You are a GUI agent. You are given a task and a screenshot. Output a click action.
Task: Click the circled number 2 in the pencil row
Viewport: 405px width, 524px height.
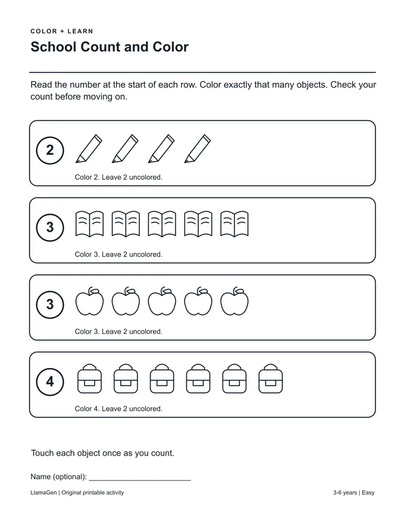50,151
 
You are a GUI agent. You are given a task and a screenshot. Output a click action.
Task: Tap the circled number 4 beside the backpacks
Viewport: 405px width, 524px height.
50,382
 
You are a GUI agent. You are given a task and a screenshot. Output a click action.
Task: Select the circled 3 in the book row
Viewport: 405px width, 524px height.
50,227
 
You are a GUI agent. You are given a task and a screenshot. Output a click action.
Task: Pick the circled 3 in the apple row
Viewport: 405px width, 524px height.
50,304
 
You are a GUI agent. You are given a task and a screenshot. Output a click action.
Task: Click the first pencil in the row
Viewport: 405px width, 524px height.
89,149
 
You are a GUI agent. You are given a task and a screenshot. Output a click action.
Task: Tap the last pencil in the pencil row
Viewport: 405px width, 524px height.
198,149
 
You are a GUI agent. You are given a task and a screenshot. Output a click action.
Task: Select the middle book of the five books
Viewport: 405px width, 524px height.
162,223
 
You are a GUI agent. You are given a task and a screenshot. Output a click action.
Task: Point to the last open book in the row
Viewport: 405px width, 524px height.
234,223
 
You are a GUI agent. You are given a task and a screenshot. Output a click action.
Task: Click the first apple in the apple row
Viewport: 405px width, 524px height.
89,301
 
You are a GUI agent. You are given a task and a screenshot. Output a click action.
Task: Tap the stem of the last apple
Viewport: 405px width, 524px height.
236,290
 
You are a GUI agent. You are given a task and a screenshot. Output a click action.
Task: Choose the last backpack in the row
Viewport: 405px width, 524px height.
270,379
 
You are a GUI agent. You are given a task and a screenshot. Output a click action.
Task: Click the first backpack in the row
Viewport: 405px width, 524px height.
89,379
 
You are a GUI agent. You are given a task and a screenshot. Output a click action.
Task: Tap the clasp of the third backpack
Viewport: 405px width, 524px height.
162,383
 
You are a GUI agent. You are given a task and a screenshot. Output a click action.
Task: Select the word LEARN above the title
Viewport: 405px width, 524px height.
80,32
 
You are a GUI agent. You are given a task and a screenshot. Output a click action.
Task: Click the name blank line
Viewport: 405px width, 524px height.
140,480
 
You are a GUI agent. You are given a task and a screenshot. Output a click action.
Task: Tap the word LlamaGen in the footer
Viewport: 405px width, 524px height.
43,492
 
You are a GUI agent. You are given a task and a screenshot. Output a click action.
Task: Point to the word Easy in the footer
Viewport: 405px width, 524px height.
368,492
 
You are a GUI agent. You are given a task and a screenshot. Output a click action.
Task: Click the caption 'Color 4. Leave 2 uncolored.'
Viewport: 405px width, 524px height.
119,408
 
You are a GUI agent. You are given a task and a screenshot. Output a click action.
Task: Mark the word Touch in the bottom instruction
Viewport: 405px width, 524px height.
42,453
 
